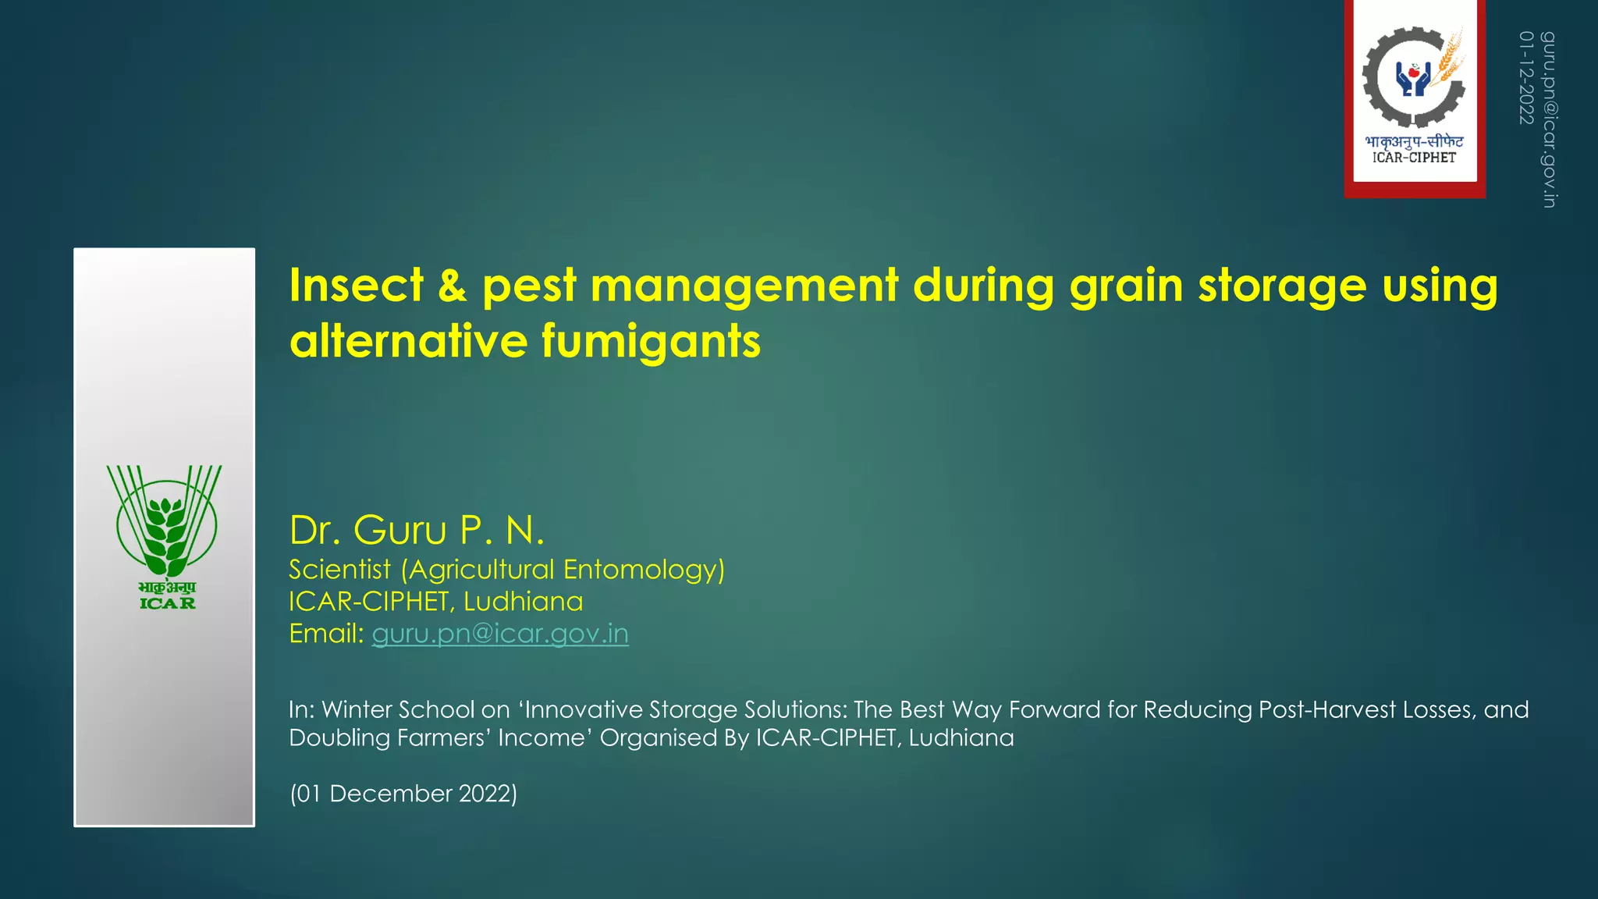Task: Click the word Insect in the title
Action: (356, 286)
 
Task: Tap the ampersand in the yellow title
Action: (452, 286)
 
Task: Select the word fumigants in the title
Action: (651, 342)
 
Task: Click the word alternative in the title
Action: (407, 342)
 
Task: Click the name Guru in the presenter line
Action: (399, 531)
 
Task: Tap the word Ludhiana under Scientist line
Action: (523, 602)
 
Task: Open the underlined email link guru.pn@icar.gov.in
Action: (499, 634)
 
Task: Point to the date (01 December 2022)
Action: (403, 794)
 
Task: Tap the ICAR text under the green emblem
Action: (167, 603)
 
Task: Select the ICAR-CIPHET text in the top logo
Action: (1414, 158)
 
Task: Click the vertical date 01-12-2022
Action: (1526, 78)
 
